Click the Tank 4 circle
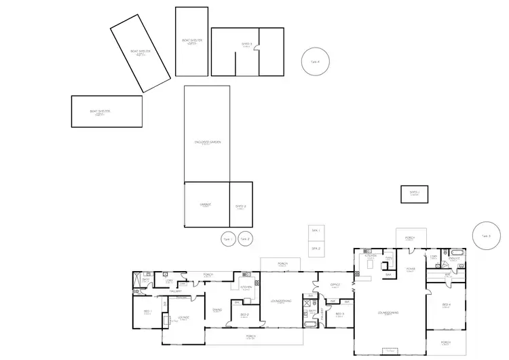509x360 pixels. (x=315, y=61)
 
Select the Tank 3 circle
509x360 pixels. (x=486, y=236)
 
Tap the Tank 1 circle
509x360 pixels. (x=227, y=239)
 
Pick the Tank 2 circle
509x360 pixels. (x=244, y=239)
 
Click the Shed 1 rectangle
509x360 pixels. (x=415, y=194)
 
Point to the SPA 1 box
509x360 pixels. (x=316, y=232)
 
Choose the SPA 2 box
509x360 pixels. (x=316, y=249)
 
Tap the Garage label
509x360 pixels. (x=206, y=204)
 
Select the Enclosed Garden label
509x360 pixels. (x=208, y=142)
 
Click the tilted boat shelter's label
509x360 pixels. (x=140, y=52)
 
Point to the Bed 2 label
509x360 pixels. (x=245, y=314)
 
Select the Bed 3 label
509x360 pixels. (x=340, y=314)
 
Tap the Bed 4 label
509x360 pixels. (x=446, y=304)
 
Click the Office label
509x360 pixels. (x=335, y=285)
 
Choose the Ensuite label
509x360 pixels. (x=454, y=257)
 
